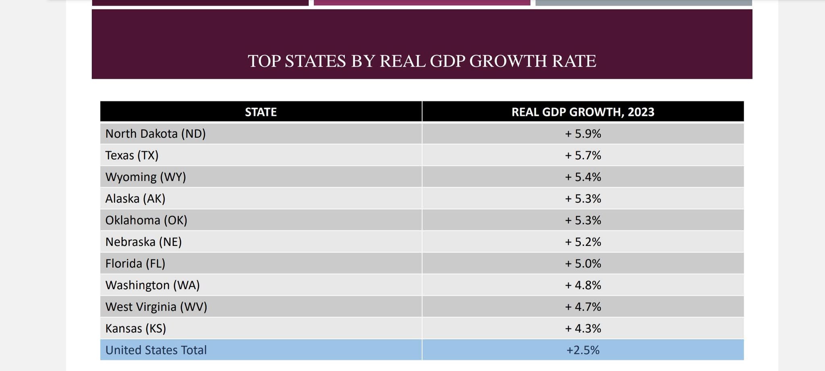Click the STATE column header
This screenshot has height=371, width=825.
[x=261, y=112]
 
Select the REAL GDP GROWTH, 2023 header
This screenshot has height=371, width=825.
[x=582, y=112]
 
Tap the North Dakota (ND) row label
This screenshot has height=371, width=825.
[x=155, y=134]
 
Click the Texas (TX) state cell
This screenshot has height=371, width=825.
[x=132, y=155]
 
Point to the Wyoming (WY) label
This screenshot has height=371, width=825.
[x=145, y=177]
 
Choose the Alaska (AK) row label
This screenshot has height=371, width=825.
[x=135, y=199]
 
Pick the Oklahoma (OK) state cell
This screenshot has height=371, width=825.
[x=146, y=221]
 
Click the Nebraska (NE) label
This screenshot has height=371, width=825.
[x=143, y=242]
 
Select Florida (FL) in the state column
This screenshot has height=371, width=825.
[x=135, y=264]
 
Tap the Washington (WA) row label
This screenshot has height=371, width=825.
[x=152, y=285]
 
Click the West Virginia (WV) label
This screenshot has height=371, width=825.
[x=156, y=307]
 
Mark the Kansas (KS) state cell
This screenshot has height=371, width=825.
[x=136, y=329]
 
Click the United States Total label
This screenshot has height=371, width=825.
[x=156, y=350]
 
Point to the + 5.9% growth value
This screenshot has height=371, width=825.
[x=583, y=134]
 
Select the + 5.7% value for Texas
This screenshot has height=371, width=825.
[x=583, y=155]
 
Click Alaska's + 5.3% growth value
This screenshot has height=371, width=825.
[x=583, y=199]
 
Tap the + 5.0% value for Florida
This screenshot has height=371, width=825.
[x=583, y=264]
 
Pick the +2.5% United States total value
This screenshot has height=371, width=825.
[x=583, y=350]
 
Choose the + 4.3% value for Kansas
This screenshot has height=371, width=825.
[x=583, y=329]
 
